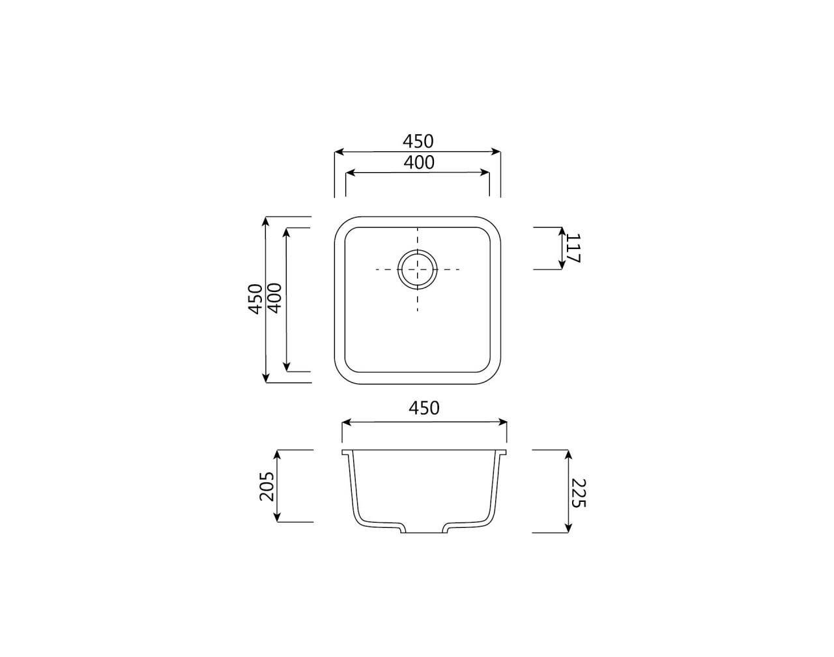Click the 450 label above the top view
coord(418,141)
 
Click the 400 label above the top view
coord(419,162)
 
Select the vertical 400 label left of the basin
coord(275,298)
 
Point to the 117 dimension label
coord(573,248)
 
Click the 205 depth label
coord(266,486)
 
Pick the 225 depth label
coord(579,493)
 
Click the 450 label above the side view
coord(424,408)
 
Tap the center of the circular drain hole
coord(418,269)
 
